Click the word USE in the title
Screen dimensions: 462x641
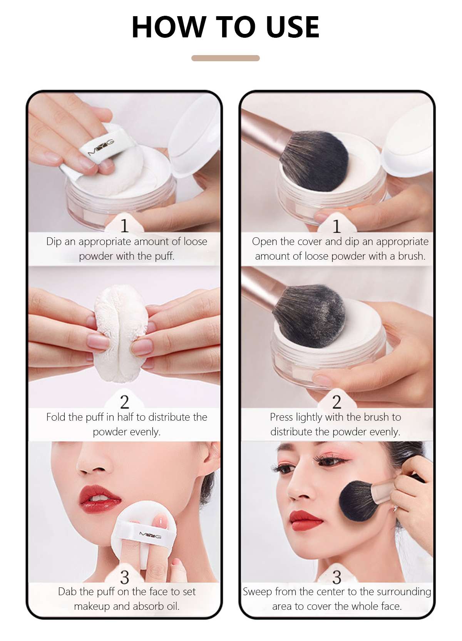(x=292, y=27)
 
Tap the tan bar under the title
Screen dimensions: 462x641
(x=226, y=58)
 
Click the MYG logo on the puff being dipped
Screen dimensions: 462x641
(x=101, y=148)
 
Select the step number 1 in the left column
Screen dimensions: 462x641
(x=124, y=226)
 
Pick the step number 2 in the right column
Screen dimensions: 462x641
(x=337, y=402)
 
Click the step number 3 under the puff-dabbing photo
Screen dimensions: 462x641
(x=124, y=577)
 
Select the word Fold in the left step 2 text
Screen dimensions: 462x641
(x=56, y=417)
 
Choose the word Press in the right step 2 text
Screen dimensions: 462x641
(x=281, y=417)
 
